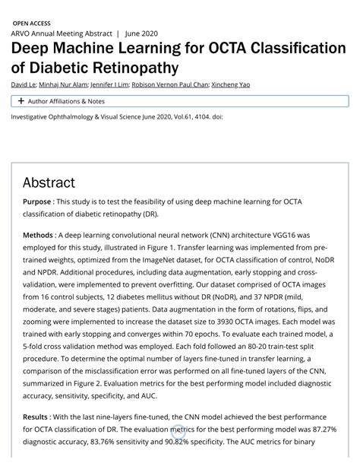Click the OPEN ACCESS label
(37, 24)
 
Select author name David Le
(24, 84)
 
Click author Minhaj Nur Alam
(63, 84)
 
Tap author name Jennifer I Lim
(109, 84)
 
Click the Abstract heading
(49, 182)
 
